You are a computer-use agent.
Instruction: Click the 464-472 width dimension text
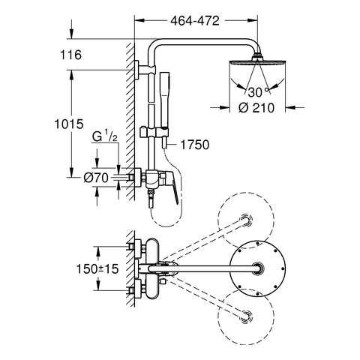(195, 21)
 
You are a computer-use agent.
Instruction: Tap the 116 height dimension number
(70, 55)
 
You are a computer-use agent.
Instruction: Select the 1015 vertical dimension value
(69, 124)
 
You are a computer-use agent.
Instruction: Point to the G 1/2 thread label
(105, 136)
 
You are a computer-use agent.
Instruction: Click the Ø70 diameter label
(96, 178)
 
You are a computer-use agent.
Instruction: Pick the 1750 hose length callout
(194, 145)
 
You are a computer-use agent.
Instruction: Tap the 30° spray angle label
(258, 92)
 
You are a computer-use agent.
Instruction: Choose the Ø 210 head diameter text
(256, 108)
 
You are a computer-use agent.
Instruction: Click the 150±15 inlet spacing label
(97, 269)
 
